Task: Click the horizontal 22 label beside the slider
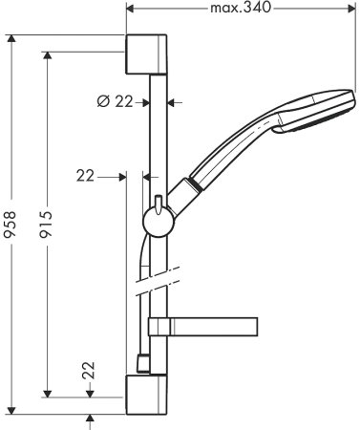click(x=87, y=175)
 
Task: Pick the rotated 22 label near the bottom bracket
click(x=87, y=372)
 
